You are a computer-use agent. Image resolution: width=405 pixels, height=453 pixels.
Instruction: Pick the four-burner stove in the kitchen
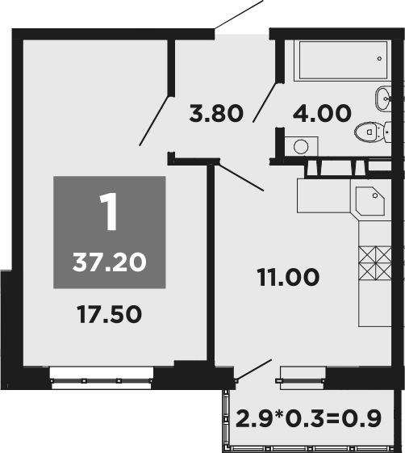[374, 261]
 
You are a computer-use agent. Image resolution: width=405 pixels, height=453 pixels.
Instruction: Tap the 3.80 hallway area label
[215, 113]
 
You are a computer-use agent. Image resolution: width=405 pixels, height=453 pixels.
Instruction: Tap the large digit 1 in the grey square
[108, 212]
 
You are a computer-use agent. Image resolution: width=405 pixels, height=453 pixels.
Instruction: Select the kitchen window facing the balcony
[302, 374]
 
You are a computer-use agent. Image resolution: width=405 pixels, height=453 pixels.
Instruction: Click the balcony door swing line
[252, 370]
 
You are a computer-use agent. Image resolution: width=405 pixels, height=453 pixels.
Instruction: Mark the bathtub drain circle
[379, 59]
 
